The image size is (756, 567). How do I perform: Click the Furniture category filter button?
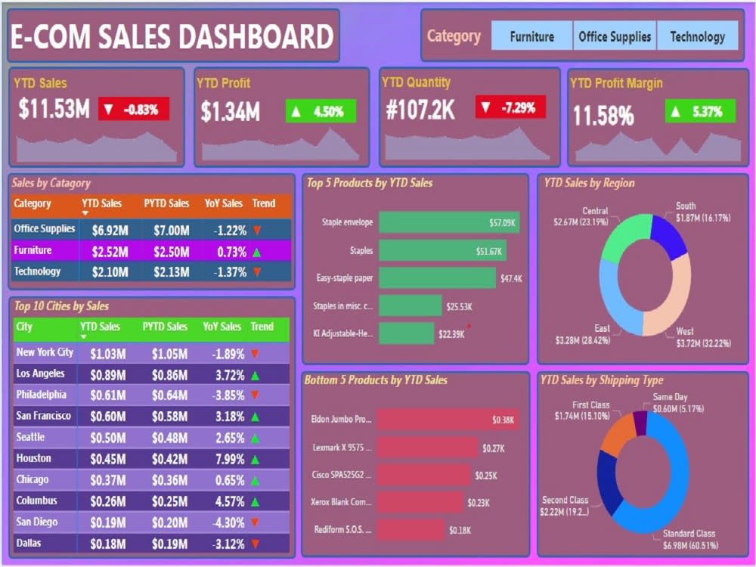pyautogui.click(x=531, y=36)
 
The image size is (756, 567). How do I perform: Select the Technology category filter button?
pyautogui.click(x=697, y=36)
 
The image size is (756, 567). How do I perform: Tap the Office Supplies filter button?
pyautogui.click(x=615, y=36)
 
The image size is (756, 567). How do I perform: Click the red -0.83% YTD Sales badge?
pyautogui.click(x=133, y=110)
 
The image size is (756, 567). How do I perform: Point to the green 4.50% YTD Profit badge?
pyautogui.click(x=321, y=112)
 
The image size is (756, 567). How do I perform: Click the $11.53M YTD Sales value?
pyautogui.click(x=54, y=110)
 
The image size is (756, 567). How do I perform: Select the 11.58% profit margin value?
pyautogui.click(x=603, y=116)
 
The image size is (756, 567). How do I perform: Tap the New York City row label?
pyautogui.click(x=45, y=352)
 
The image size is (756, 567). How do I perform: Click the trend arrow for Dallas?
pyautogui.click(x=256, y=544)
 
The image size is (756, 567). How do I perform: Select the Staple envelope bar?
pyautogui.click(x=448, y=223)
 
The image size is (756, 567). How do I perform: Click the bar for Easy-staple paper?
pyautogui.click(x=437, y=278)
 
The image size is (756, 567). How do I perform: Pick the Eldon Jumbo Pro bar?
pyautogui.click(x=447, y=420)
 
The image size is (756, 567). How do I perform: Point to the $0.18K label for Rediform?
pyautogui.click(x=459, y=531)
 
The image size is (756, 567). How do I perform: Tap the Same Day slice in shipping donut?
pyautogui.click(x=640, y=423)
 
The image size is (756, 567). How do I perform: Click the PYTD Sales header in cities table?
pyautogui.click(x=165, y=327)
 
